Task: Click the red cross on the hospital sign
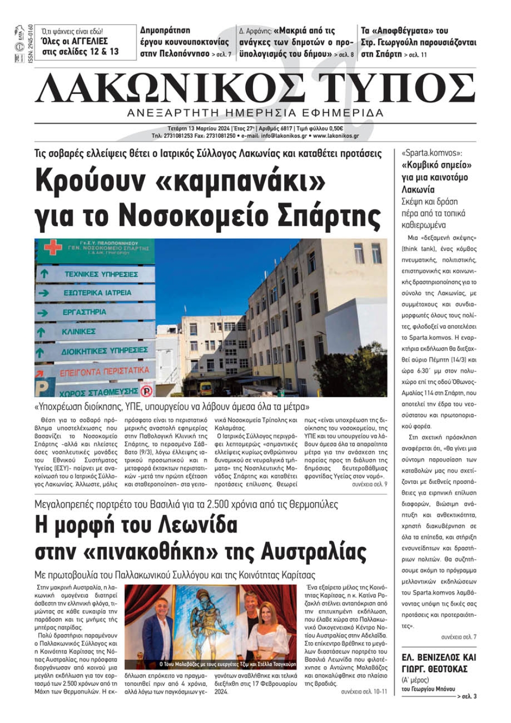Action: point(53,248)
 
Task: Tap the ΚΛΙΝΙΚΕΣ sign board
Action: point(78,332)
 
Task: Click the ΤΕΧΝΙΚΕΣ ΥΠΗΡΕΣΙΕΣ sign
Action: point(101,274)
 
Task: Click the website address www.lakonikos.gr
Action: point(336,136)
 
